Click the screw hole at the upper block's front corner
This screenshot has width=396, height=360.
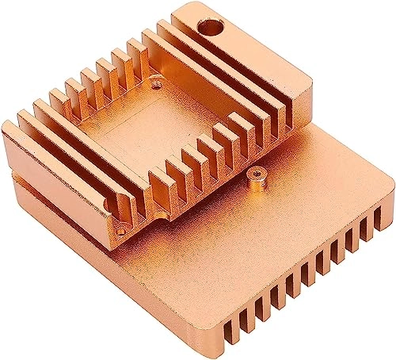tap(121, 232)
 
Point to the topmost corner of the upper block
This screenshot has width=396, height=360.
tap(184, 4)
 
